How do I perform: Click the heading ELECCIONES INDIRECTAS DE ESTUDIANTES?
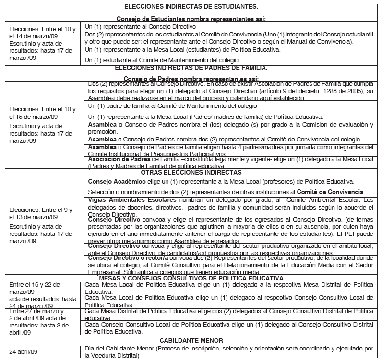pyautogui.click(x=191, y=7)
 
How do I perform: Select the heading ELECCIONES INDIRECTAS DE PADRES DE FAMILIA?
pyautogui.click(x=191, y=68)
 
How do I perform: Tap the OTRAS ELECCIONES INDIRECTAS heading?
pyautogui.click(x=191, y=172)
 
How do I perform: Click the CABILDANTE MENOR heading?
pyautogui.click(x=191, y=340)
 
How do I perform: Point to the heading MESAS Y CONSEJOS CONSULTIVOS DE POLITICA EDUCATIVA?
pyautogui.click(x=191, y=278)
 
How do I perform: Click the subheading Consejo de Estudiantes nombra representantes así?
pyautogui.click(x=191, y=19)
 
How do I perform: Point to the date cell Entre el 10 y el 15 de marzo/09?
pyautogui.click(x=42, y=113)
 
